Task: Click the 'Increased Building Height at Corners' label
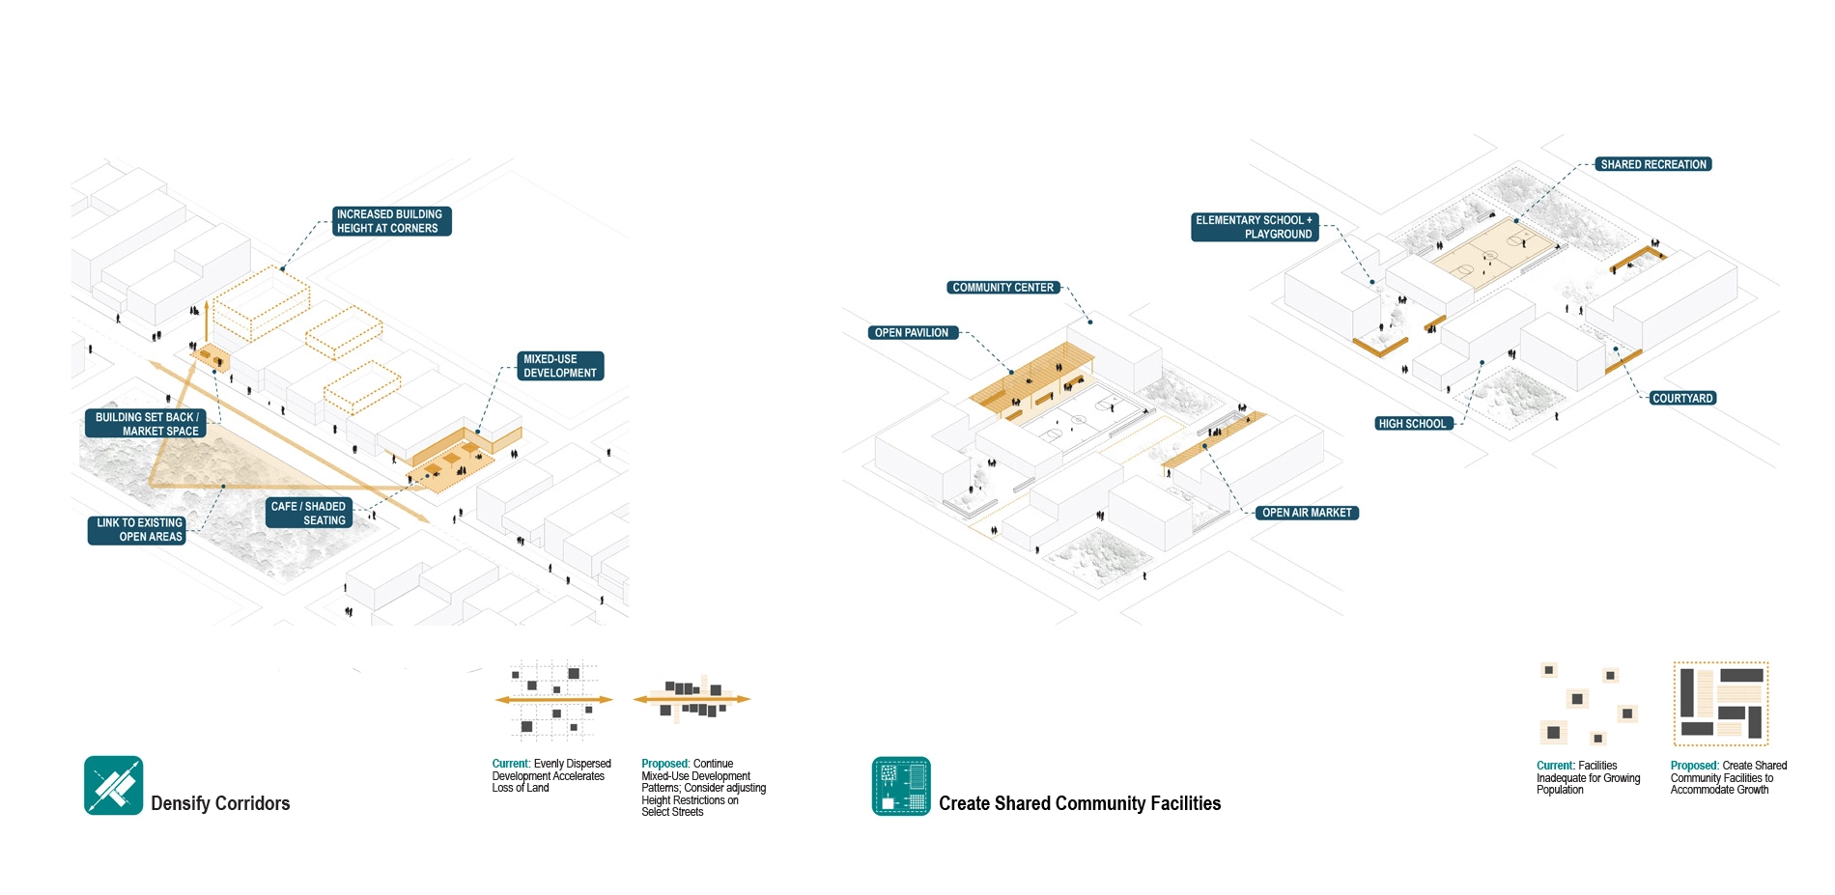(x=391, y=221)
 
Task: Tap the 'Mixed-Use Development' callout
(x=560, y=366)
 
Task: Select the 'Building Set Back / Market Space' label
(x=146, y=424)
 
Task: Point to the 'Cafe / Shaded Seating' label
(x=309, y=513)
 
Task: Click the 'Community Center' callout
(x=1002, y=288)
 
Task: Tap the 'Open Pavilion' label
(x=912, y=333)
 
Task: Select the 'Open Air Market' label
(x=1307, y=513)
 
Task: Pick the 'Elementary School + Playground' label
(x=1254, y=227)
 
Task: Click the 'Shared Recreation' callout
(x=1652, y=164)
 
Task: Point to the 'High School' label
(x=1412, y=424)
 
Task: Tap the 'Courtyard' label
(x=1681, y=398)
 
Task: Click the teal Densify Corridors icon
(x=113, y=785)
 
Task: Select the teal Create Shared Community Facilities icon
(x=901, y=786)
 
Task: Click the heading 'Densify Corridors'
(x=220, y=803)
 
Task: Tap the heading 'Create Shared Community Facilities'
(x=1079, y=803)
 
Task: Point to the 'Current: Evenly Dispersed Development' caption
(x=550, y=775)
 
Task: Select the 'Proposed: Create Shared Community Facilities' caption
(x=1728, y=777)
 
